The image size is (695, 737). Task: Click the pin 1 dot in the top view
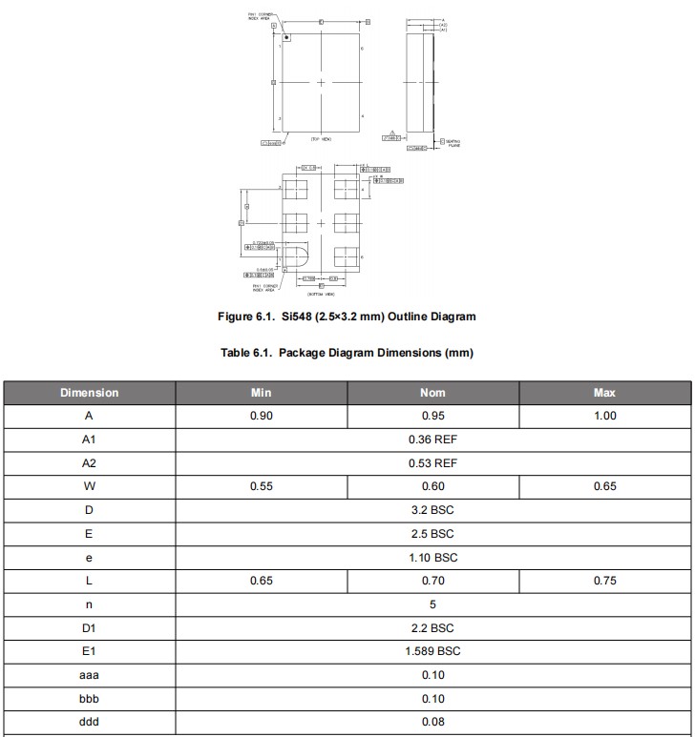tap(286, 36)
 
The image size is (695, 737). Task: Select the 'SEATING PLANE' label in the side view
tap(453, 143)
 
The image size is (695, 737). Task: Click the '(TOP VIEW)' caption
tap(321, 139)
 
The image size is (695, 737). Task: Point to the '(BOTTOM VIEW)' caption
tap(321, 295)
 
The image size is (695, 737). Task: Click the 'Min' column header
tap(262, 393)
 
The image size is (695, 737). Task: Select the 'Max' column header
tap(604, 393)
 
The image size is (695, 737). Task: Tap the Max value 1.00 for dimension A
tap(604, 416)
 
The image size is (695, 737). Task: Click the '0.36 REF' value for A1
tap(432, 440)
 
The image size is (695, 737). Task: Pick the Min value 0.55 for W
tap(262, 486)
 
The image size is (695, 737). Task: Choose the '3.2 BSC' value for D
tap(432, 510)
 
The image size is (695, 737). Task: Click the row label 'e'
tap(89, 557)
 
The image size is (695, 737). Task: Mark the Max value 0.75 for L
tap(604, 581)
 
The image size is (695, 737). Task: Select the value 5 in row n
tap(432, 604)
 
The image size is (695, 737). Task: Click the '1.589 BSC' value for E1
tap(432, 651)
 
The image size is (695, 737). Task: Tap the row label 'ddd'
tap(89, 722)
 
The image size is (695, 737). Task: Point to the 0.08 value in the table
tap(432, 722)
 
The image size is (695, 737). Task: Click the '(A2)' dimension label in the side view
tap(443, 25)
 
